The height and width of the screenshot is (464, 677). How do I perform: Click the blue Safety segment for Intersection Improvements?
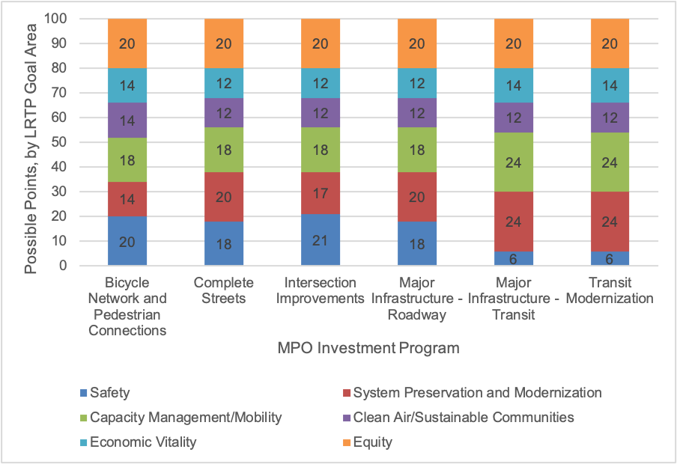click(320, 240)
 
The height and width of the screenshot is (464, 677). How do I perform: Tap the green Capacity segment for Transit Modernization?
click(610, 162)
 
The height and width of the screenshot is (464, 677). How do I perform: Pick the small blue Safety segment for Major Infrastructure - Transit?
click(514, 258)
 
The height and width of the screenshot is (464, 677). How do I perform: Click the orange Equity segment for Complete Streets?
click(223, 43)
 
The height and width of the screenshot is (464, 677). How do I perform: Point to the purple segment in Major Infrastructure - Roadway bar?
click(416, 113)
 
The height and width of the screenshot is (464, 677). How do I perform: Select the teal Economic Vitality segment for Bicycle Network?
click(127, 85)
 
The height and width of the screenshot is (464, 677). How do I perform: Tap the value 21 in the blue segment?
click(320, 241)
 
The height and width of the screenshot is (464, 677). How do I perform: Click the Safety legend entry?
click(109, 392)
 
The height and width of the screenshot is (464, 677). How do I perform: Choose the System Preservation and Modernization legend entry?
click(476, 392)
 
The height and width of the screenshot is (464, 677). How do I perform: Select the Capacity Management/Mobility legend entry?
click(185, 417)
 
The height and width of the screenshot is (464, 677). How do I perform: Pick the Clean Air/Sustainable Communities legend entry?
click(463, 417)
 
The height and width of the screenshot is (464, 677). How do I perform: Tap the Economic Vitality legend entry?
click(142, 442)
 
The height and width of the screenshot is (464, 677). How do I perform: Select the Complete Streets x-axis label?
click(223, 291)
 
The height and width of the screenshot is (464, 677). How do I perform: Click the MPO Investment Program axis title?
click(368, 348)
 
